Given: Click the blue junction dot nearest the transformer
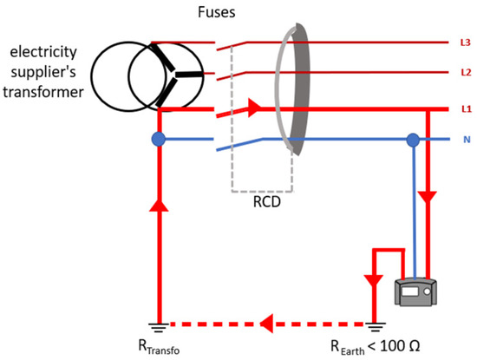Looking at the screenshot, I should pos(158,139).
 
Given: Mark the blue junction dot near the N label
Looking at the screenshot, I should pos(414,140).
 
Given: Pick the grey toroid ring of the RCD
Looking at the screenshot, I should pos(292,92).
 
